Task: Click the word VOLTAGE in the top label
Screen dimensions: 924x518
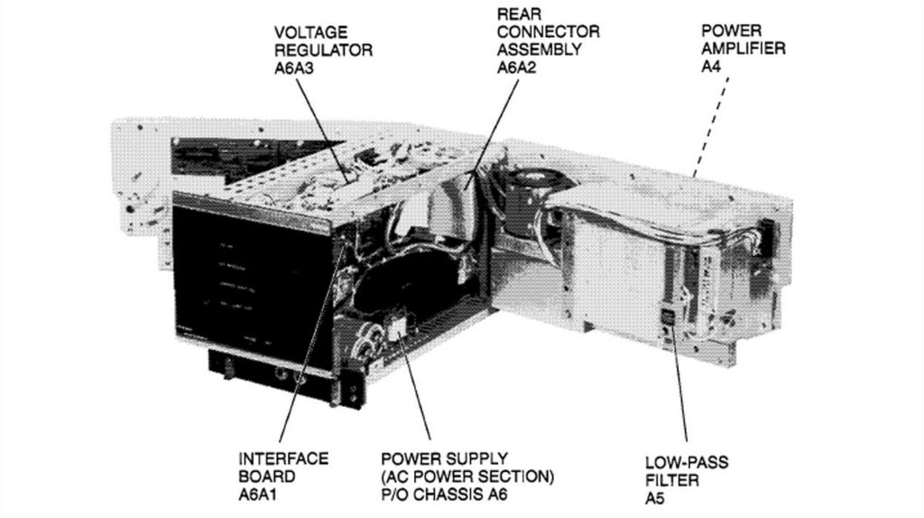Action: [x=310, y=32]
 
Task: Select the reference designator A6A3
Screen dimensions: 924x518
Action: [x=294, y=69]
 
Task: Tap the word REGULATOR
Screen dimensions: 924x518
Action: [x=324, y=51]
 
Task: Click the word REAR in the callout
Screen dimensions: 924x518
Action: [x=519, y=14]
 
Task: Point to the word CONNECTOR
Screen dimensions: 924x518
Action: [x=548, y=32]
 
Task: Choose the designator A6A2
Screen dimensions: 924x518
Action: [x=517, y=68]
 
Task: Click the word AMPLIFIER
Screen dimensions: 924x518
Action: [x=744, y=49]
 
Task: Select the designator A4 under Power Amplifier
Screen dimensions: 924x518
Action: [x=711, y=67]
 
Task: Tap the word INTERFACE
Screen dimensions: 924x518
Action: [x=283, y=458]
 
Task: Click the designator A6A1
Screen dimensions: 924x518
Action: [x=257, y=495]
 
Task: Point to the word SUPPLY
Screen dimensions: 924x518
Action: [x=468, y=458]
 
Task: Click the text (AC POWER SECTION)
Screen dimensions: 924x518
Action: [x=468, y=476]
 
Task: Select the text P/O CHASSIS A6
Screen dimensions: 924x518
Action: [x=444, y=495]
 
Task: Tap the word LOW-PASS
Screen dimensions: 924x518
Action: [x=687, y=463]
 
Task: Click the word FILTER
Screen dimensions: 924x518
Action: [x=671, y=481]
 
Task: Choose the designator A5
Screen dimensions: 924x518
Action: [x=655, y=499]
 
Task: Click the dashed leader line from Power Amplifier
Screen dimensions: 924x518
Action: [x=711, y=126]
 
